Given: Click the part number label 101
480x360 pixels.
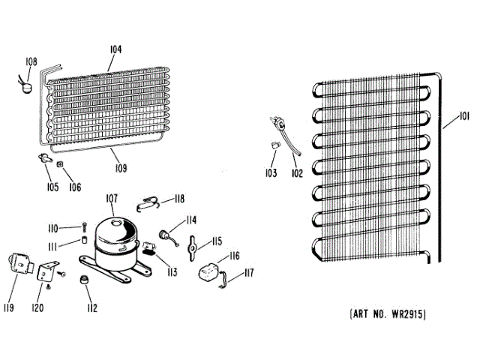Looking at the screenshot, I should tap(465, 118).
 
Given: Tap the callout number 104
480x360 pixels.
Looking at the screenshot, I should tap(115, 49).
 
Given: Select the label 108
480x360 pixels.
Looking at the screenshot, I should tap(30, 61).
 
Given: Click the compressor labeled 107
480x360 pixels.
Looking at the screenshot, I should tap(114, 238).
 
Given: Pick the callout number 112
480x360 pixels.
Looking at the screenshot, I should tap(92, 307).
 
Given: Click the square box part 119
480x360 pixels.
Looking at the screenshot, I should tap(19, 264).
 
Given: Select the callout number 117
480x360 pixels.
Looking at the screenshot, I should tap(248, 273).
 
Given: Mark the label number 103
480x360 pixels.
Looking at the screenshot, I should tap(270, 173).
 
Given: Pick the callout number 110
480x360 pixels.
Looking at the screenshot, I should tap(53, 227).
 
